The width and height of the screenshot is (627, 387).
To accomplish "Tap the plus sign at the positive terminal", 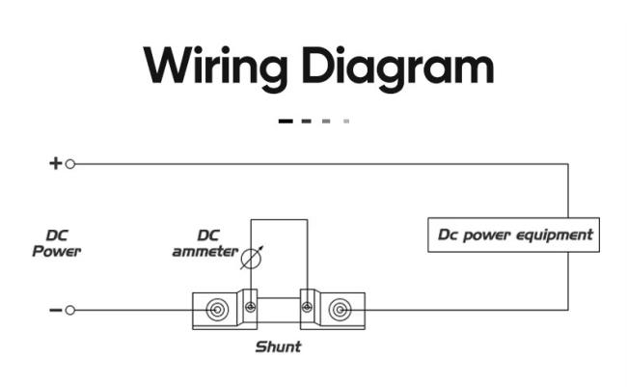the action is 56,163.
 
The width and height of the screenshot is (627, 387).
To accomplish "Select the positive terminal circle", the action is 70,164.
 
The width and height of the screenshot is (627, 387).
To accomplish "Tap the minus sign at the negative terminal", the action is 56,310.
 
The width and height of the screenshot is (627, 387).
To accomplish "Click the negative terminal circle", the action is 70,310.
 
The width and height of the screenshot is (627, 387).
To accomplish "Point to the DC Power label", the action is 56,243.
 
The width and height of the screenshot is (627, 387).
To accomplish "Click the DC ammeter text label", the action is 205,243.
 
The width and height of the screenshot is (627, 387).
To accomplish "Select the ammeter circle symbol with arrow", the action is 252,258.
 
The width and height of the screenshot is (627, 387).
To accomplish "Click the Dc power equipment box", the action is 513,235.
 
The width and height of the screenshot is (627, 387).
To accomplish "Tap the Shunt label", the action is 279,346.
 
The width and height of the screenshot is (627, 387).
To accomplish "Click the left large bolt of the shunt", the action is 218,310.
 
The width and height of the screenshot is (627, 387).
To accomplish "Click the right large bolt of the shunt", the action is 340,310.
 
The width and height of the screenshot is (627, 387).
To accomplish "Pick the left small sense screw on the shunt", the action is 251,307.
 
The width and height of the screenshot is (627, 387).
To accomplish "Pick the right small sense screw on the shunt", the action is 307,307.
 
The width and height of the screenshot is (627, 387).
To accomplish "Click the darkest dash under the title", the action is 286,122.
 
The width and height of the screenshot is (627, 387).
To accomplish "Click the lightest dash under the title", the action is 346,122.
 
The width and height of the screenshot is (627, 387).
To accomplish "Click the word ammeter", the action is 205,252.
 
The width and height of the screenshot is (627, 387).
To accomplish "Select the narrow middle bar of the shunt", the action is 279,310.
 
